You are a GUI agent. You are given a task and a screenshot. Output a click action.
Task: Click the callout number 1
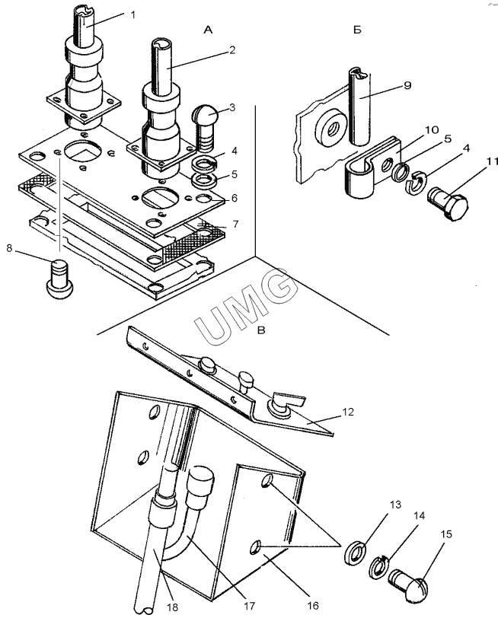[x=133, y=15]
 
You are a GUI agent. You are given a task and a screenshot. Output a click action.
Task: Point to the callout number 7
[x=235, y=224]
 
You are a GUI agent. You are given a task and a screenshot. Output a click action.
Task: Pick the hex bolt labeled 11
[x=449, y=202]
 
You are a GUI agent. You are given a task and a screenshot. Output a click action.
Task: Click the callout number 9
[x=407, y=85]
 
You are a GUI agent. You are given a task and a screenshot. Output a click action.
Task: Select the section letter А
[x=208, y=30]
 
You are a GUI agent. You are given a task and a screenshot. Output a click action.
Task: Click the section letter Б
[x=357, y=30]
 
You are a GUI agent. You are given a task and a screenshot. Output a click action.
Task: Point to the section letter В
[x=261, y=330]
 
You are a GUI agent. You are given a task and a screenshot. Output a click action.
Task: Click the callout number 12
[x=348, y=412]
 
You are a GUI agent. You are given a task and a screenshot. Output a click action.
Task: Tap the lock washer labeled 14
[x=379, y=567]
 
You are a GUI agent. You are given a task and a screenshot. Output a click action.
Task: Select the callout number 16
[x=313, y=605]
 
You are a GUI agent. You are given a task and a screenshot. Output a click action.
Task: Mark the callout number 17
[x=249, y=605]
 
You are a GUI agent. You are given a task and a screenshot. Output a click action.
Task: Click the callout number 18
[x=172, y=607]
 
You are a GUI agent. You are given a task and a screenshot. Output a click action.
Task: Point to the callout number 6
[x=235, y=198]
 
